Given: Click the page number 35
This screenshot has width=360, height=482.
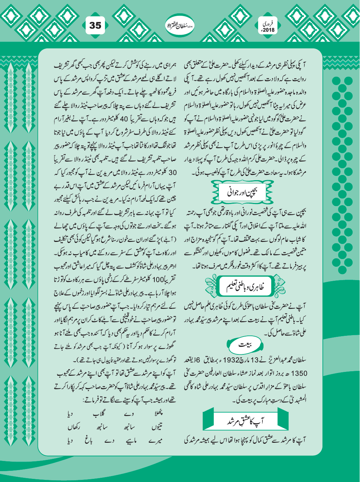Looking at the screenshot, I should [95, 25].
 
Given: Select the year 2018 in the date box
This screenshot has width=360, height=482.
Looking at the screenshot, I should [269, 31].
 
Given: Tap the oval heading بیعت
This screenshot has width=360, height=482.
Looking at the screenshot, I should [244, 344].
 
